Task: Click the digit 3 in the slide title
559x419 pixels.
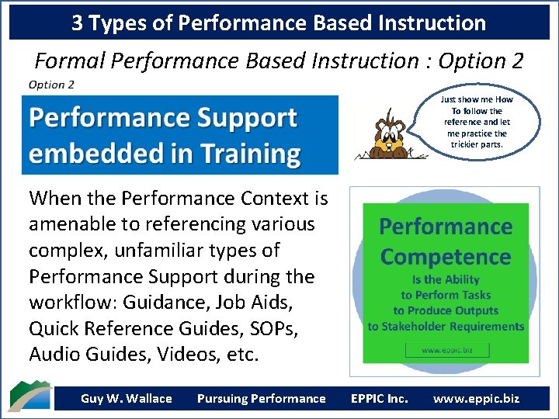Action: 78,23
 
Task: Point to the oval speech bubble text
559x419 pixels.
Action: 476,122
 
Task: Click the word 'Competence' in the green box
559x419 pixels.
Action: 445,257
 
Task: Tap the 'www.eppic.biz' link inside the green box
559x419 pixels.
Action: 445,350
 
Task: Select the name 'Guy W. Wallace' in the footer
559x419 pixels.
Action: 126,399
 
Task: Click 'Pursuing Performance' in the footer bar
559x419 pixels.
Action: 261,399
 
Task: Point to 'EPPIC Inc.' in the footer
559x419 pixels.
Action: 379,399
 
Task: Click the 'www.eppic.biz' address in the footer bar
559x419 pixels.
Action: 476,399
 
